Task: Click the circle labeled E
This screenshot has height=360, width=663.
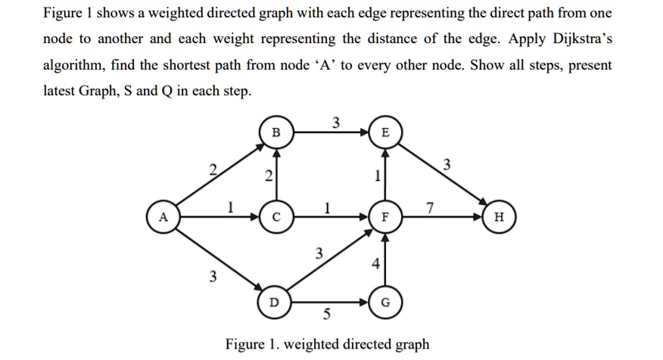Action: point(386,132)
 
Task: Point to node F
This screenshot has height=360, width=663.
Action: point(386,216)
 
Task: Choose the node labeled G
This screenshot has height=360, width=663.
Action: point(386,302)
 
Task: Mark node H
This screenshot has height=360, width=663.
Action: point(497,216)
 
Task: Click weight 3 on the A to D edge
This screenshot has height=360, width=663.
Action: point(213,277)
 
